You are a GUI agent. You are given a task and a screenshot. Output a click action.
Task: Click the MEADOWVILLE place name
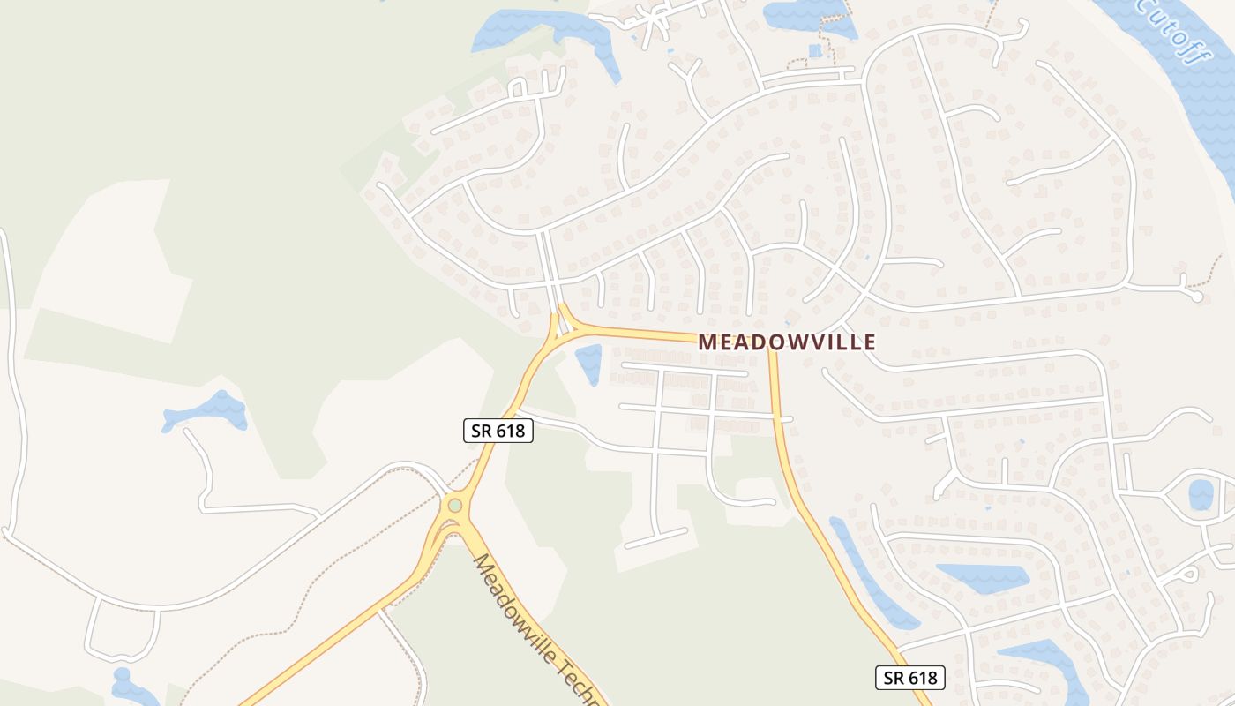click(x=787, y=342)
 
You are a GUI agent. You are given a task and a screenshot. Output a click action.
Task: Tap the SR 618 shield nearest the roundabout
click(x=498, y=431)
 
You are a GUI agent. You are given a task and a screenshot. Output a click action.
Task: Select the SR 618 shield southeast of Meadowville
click(x=910, y=678)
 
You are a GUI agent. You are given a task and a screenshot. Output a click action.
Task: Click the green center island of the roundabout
click(x=455, y=506)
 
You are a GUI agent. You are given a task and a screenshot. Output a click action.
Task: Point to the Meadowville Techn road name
click(x=538, y=631)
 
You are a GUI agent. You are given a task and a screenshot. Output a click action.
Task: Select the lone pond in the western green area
click(x=206, y=411)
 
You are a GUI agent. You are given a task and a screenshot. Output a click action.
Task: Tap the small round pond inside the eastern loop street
click(x=1201, y=494)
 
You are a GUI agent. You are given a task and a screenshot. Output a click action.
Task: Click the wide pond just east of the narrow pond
click(x=982, y=577)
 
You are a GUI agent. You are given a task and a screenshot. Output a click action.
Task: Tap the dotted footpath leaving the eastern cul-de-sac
click(x=1214, y=273)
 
